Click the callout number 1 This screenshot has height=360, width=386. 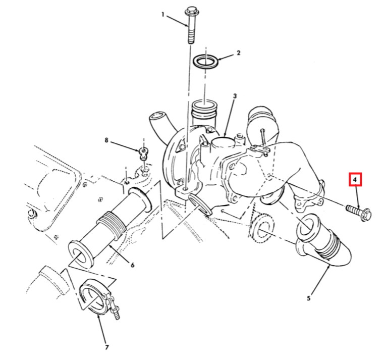(162, 15)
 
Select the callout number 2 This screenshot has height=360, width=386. (238, 53)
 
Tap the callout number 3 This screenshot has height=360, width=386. (235, 96)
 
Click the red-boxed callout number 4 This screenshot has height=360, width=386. (355, 180)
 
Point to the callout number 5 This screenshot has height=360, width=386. (309, 298)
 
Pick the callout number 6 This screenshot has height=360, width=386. (132, 265)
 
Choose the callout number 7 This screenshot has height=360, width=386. (107, 347)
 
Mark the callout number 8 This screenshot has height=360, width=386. (106, 140)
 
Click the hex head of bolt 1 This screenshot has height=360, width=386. (192, 11)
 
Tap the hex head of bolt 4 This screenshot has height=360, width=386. (366, 215)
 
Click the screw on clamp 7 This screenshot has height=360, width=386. (115, 312)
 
